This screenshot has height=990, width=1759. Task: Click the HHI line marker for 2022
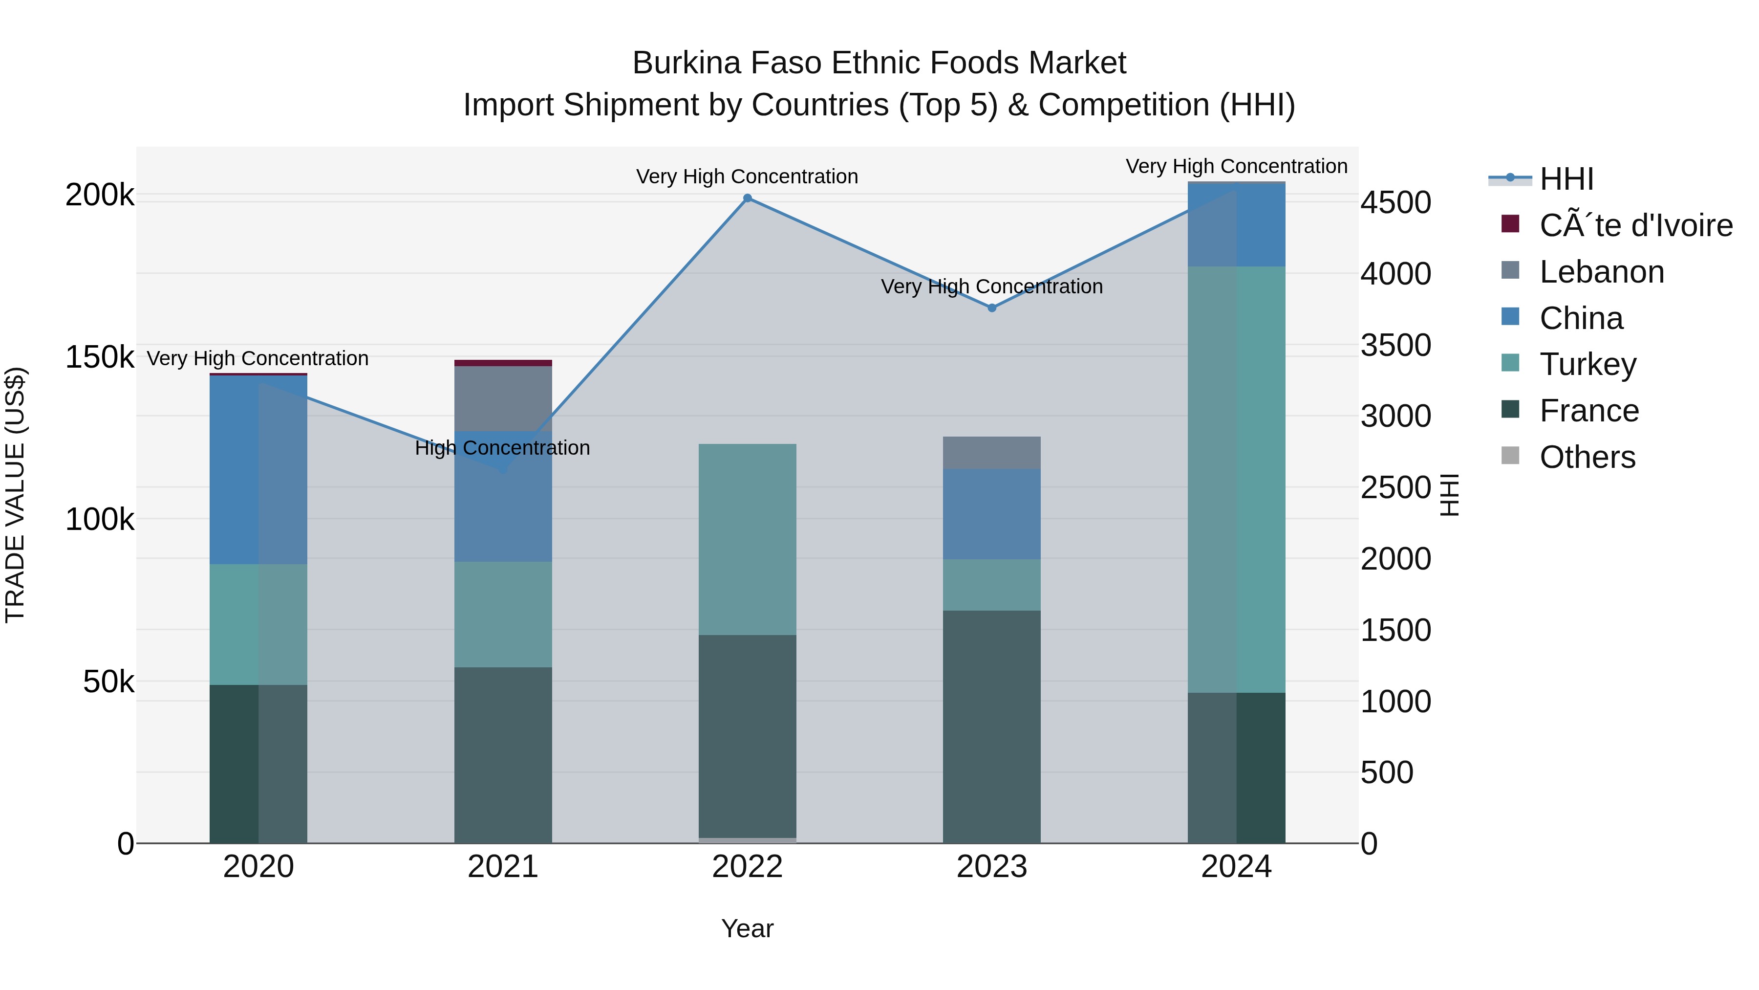tap(747, 198)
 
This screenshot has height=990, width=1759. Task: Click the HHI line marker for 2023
tap(991, 308)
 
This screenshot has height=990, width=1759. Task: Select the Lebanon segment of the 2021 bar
tap(503, 398)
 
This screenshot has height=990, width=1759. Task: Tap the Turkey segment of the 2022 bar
tap(747, 539)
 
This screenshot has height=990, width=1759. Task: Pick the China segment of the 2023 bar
tap(991, 514)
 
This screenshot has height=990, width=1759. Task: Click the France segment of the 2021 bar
tap(503, 754)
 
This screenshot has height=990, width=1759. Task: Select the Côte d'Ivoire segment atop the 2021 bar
tap(503, 363)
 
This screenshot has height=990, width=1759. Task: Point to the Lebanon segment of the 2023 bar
tap(991, 452)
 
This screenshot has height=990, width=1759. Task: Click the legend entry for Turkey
tap(1587, 364)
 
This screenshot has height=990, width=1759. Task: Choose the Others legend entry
tap(1587, 457)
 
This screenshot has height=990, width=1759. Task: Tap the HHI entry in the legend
tap(1566, 179)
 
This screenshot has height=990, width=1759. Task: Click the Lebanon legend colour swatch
tap(1510, 270)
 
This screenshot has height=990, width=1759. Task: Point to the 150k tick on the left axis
tap(100, 357)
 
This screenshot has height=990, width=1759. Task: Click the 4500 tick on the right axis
tap(1395, 203)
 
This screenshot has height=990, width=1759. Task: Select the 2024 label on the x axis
tap(1236, 867)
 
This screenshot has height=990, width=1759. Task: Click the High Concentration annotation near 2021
tap(503, 448)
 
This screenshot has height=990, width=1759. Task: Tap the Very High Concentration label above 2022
tap(747, 176)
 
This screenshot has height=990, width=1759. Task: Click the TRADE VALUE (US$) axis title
tap(15, 495)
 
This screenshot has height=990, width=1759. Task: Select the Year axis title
tap(747, 928)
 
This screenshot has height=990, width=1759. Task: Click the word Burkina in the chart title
tap(686, 63)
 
